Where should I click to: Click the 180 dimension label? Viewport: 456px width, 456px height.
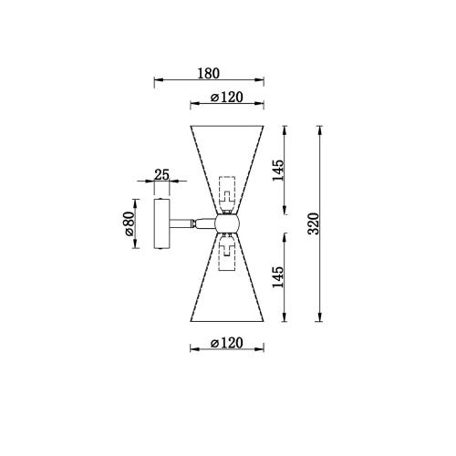tap(208, 73)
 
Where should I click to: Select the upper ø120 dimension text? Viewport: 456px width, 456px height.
tap(227, 98)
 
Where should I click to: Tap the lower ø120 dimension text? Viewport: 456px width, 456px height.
tap(227, 343)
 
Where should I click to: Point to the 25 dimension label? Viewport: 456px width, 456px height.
tap(161, 175)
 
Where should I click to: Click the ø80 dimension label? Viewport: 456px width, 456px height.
tap(130, 223)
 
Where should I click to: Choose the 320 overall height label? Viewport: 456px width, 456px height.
tap(314, 223)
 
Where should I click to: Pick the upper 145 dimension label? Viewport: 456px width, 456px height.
tap(277, 170)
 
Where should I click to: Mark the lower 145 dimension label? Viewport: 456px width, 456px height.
tap(277, 277)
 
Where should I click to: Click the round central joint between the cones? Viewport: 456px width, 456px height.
tap(227, 223)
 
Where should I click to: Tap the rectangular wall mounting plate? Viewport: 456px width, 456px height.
tap(161, 223)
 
